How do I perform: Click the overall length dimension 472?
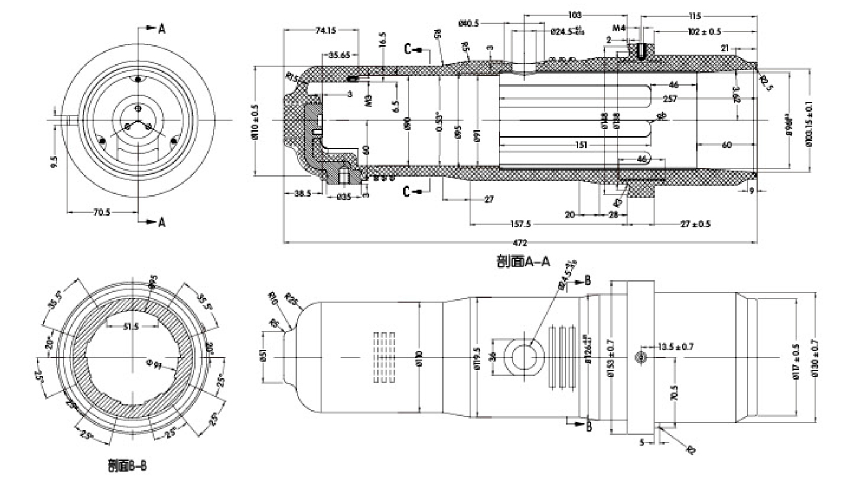click(x=519, y=242)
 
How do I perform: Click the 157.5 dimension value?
click(x=521, y=224)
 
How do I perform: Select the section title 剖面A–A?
click(x=523, y=261)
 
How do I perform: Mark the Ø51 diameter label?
click(x=263, y=358)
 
